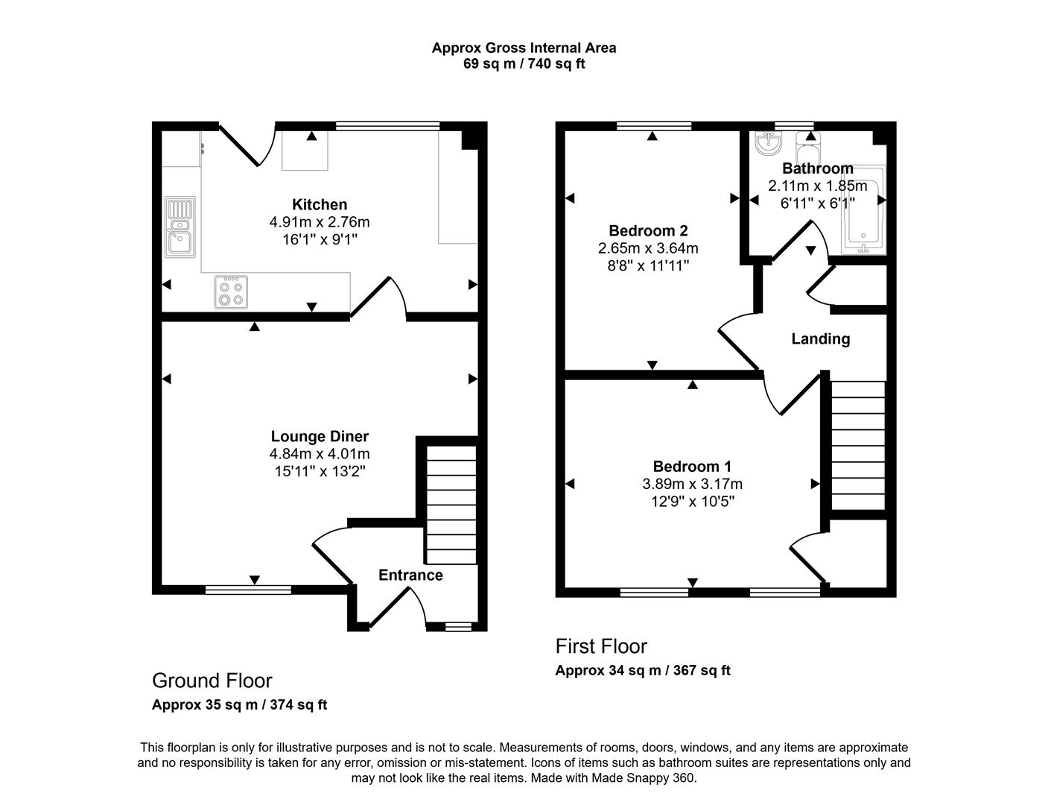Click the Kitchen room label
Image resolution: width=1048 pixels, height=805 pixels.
319,204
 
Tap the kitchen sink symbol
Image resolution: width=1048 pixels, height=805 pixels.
180,227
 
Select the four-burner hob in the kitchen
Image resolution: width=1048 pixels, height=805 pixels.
229,291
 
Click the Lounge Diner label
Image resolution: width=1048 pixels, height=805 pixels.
319,437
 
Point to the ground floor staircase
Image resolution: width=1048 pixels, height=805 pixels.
450,505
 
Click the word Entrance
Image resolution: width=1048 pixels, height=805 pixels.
410,575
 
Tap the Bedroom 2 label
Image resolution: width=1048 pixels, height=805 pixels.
647,230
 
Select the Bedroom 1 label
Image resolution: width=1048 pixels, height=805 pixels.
692,467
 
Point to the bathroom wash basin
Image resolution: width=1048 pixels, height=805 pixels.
766,143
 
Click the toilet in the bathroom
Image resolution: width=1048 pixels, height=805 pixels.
807,145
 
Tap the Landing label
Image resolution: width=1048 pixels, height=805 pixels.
820,339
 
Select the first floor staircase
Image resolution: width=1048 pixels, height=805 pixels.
857,445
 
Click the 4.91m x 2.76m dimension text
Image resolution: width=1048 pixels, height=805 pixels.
319,222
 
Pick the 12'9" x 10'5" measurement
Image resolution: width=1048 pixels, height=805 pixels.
692,502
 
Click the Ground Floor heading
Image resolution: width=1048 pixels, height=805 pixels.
212,681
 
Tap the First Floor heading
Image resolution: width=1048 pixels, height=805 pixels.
601,646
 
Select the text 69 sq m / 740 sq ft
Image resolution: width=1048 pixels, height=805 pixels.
524,64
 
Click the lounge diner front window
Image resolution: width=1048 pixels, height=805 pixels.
248,590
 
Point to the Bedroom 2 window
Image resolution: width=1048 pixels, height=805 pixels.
653,125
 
